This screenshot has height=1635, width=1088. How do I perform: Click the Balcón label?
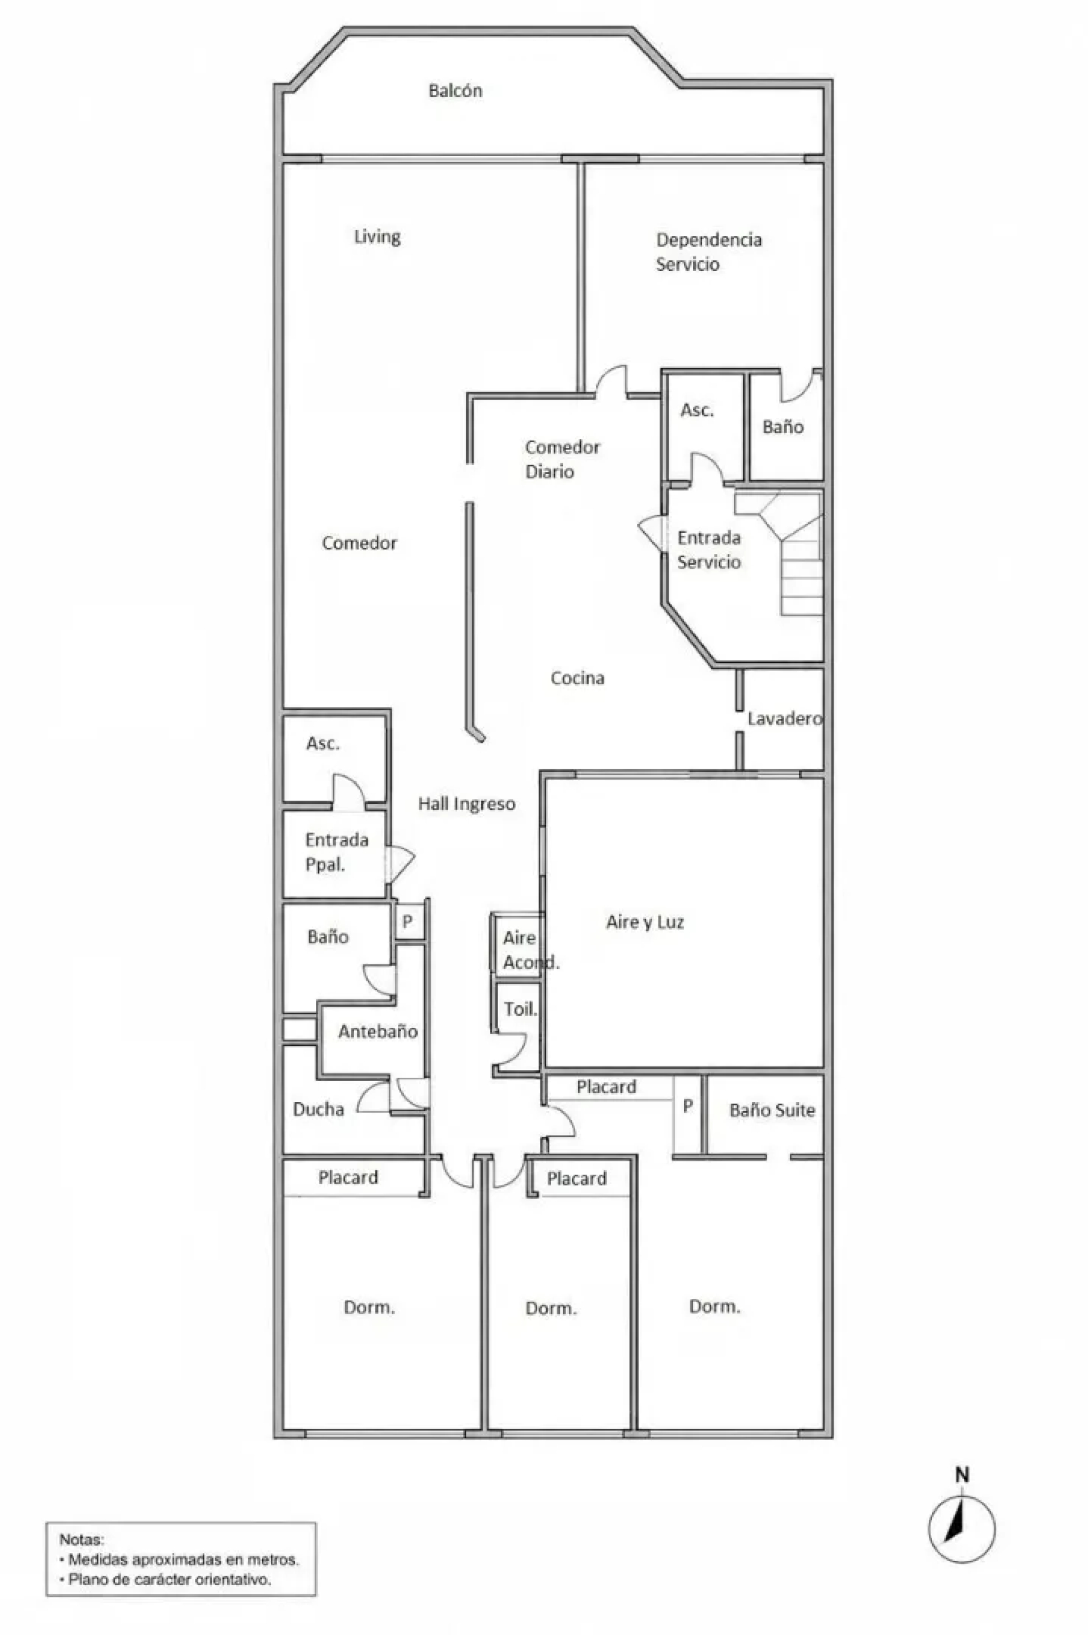coord(455,90)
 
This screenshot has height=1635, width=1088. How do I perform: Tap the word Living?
coord(377,236)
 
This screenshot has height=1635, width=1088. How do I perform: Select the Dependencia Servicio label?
coord(708,251)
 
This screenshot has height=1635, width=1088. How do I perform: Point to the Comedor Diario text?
coord(562,459)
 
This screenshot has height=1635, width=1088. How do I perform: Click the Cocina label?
coord(577,677)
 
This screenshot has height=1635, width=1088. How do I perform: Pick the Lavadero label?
coord(785,718)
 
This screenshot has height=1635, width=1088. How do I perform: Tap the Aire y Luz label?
coord(645,922)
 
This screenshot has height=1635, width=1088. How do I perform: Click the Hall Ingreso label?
coord(466,804)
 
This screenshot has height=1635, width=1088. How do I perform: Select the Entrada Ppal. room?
coord(337,852)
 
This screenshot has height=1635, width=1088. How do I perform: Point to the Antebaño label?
coord(377,1031)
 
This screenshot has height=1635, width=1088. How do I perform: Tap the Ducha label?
coord(318,1109)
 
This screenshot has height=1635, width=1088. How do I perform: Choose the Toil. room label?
coord(520,1009)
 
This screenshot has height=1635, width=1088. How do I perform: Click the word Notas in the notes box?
coord(81,1539)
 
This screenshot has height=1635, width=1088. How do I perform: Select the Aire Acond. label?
coord(531,950)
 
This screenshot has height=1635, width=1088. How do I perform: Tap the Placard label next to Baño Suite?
coord(606,1086)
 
